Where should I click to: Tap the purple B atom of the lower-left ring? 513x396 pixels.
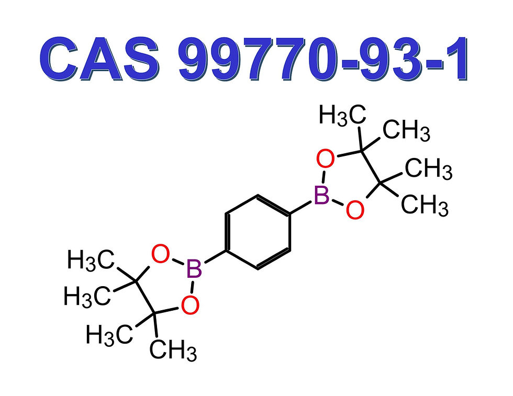[x=194, y=270]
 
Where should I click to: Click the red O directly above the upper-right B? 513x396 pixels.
[x=325, y=159]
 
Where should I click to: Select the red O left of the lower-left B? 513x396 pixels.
[x=160, y=255]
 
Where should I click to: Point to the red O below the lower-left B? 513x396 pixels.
[x=191, y=304]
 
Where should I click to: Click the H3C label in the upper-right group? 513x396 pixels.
[x=342, y=115]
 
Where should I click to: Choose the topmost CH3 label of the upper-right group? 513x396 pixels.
[x=407, y=131]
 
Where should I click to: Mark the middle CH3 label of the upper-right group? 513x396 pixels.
[x=428, y=169]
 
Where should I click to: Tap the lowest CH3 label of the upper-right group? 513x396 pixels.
[x=425, y=206]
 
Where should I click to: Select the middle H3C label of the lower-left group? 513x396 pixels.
[x=87, y=297]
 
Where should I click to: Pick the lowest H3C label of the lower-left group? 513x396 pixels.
[x=109, y=334]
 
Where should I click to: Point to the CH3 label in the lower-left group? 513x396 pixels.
[x=173, y=351]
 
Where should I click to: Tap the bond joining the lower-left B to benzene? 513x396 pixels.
[x=214, y=258]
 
